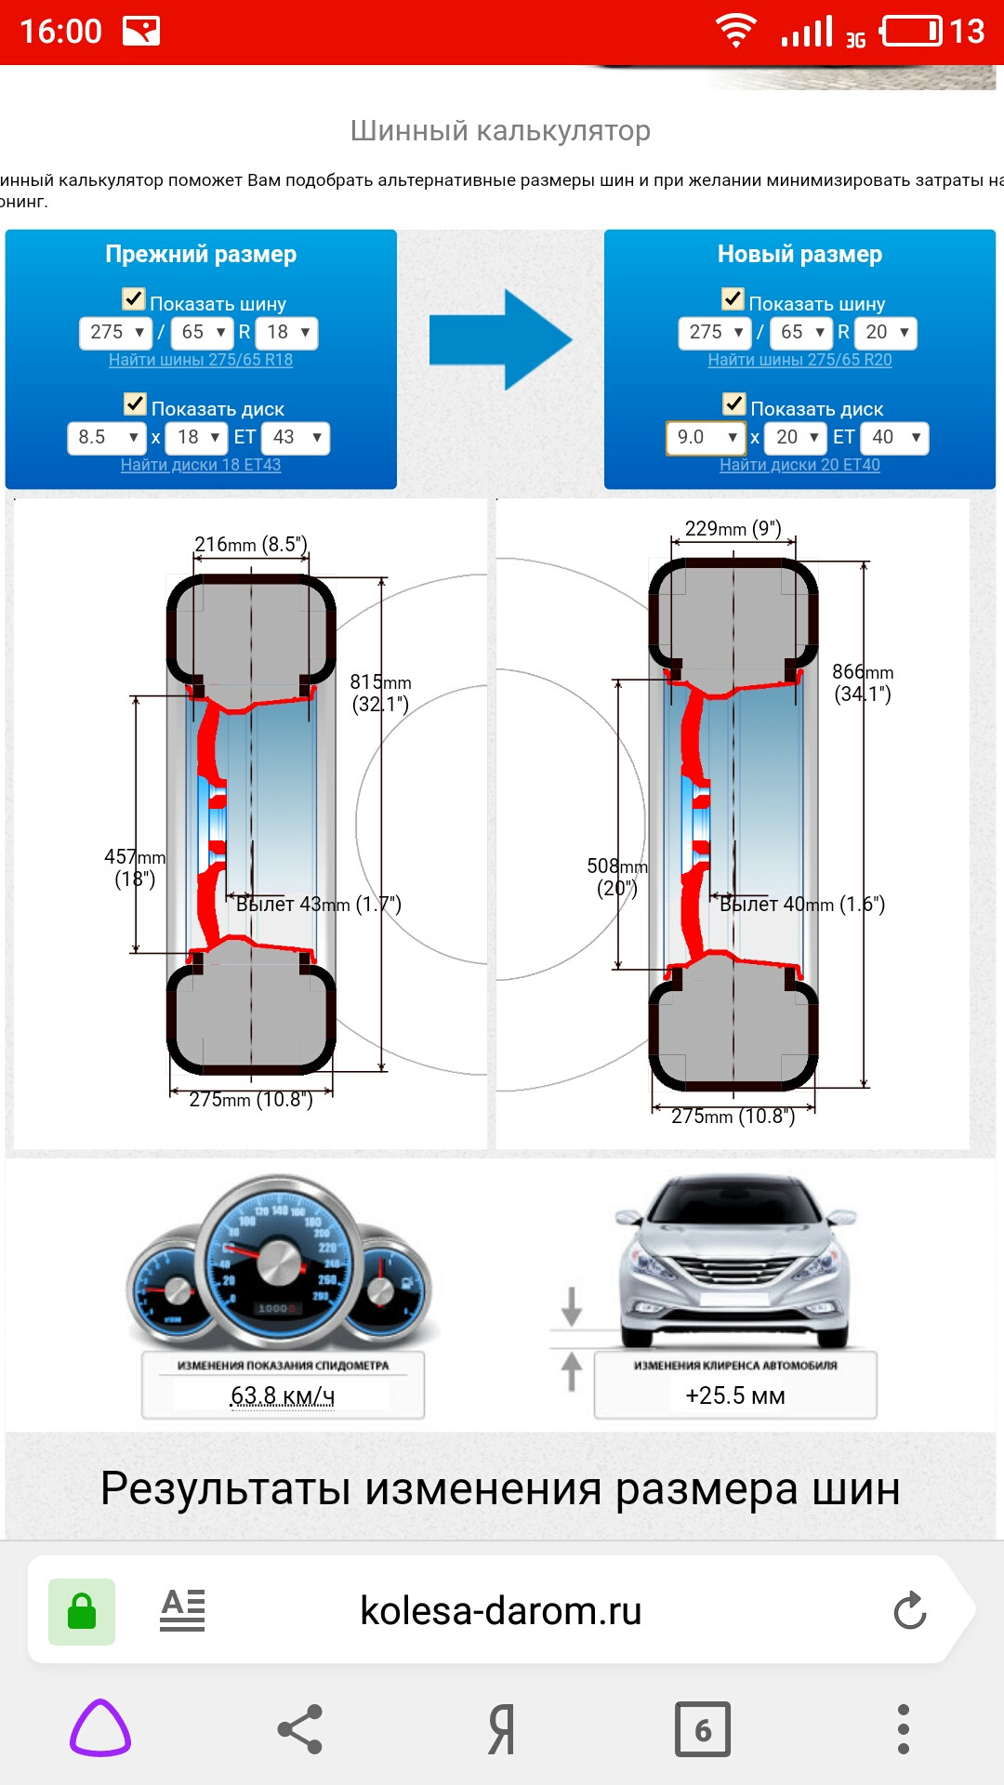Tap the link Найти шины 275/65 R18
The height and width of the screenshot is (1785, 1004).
[201, 360]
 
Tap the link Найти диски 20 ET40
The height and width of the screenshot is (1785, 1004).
[799, 465]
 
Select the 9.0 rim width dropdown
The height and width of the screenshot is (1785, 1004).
[706, 437]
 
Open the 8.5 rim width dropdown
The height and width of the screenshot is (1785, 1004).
[107, 437]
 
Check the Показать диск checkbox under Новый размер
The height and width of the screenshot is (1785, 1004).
[734, 404]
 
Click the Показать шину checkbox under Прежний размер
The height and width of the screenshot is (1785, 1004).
[134, 299]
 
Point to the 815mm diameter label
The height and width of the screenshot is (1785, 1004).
[380, 693]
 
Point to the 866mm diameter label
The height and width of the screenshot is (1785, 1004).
[862, 682]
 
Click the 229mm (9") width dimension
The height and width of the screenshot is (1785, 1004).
[733, 529]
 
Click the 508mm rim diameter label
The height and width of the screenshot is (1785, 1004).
[616, 877]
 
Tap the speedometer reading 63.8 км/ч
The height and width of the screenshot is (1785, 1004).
[283, 1395]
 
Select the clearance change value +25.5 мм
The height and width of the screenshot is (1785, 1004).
[735, 1395]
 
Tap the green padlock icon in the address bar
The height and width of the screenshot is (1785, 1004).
[82, 1611]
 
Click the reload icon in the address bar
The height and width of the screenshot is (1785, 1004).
[910, 1611]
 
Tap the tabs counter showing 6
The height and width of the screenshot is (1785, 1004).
[703, 1729]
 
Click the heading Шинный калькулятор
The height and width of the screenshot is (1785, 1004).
[500, 131]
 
